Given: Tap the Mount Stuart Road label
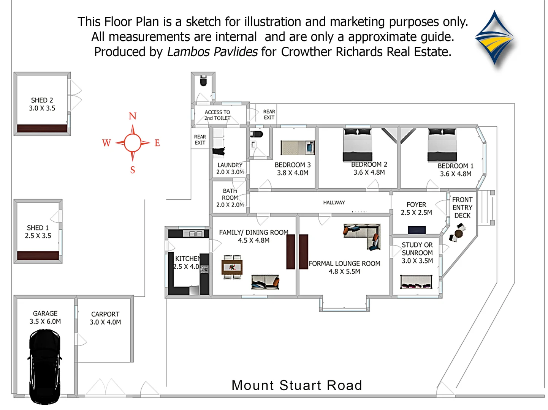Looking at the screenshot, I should (x=296, y=385).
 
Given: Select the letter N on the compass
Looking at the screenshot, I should (x=132, y=116).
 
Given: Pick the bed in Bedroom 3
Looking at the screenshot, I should (x=298, y=148).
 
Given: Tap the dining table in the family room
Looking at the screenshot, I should (x=232, y=267).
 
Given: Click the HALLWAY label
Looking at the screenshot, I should (x=334, y=203).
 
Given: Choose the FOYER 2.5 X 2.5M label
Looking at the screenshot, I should (x=416, y=208).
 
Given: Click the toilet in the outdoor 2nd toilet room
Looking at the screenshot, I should (x=203, y=80).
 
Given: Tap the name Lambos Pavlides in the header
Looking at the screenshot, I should (x=212, y=52).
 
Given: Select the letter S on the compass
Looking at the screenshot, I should (x=133, y=170).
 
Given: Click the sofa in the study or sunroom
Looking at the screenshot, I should (x=417, y=282).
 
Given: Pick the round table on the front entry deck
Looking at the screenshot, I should (x=459, y=233).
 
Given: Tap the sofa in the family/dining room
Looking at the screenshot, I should (x=265, y=282).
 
